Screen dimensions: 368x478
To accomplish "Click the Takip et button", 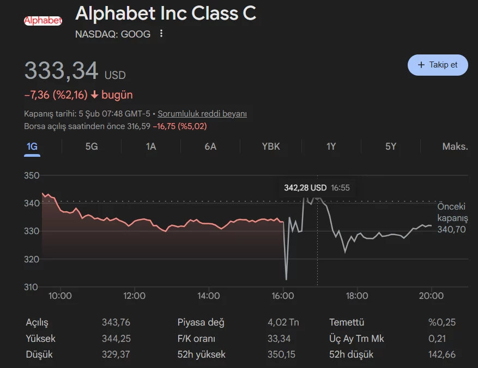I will coord(438,65).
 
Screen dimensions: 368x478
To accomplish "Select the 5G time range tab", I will coord(92,146).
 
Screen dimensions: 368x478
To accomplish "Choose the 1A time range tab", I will coord(151,146).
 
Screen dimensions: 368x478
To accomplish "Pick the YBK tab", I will coord(271,146).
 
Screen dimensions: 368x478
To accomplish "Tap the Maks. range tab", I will coord(455,146).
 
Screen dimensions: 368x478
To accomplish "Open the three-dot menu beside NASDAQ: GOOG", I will coord(161,34).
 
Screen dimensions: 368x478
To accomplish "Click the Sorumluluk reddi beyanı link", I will coord(202,114).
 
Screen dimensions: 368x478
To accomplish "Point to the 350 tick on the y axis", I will coord(32,175).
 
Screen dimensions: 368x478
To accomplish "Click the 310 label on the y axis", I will coord(32,287).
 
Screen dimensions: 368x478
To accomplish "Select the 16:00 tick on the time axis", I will coord(283,296).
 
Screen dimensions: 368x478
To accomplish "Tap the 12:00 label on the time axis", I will coord(134,296).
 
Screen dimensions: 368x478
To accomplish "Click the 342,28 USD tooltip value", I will coord(305,188).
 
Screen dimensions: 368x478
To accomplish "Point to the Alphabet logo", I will coord(43,21).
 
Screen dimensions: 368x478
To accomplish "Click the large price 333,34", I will coord(61,71).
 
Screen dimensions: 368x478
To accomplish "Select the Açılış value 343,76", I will coord(116,322).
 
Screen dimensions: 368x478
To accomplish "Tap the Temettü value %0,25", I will coord(442,322).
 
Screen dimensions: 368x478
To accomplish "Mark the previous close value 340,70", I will coord(451,229).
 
